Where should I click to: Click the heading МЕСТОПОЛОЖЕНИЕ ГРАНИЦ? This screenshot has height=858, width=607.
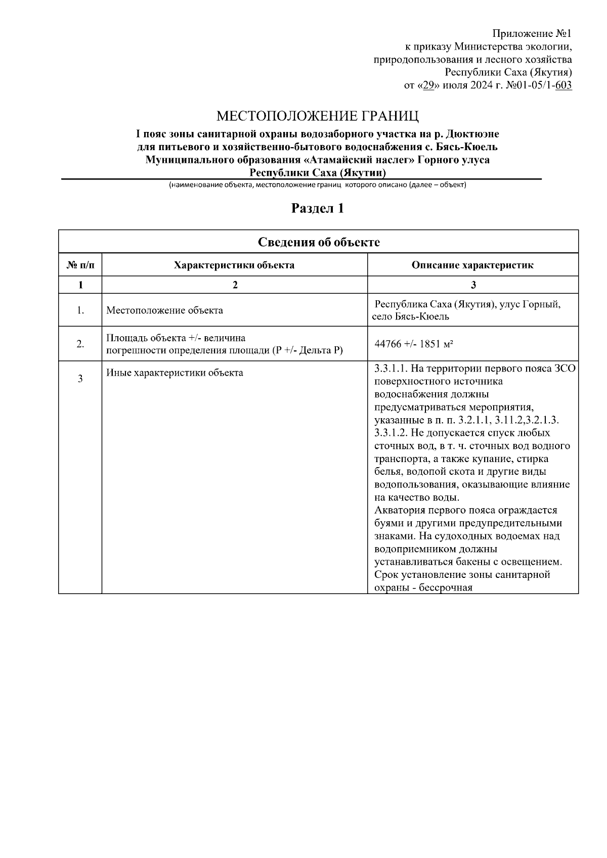click(x=318, y=117)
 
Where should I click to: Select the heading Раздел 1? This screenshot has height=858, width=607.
click(x=318, y=208)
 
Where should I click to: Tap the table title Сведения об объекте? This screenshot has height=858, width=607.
click(x=319, y=242)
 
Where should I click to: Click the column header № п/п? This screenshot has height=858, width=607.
click(x=80, y=265)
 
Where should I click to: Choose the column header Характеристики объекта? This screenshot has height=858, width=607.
click(x=234, y=265)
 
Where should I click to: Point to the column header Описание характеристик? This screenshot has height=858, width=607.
click(x=472, y=265)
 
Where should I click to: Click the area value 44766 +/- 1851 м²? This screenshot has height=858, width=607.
click(x=413, y=344)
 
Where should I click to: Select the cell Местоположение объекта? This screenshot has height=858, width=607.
click(x=164, y=310)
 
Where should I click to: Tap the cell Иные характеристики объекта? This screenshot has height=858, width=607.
click(x=175, y=373)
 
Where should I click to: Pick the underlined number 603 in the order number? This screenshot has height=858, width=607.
click(x=563, y=85)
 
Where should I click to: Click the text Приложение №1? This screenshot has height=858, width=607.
click(x=532, y=34)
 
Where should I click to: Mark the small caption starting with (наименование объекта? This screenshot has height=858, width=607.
click(x=317, y=185)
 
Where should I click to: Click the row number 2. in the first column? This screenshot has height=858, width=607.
click(x=80, y=344)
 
